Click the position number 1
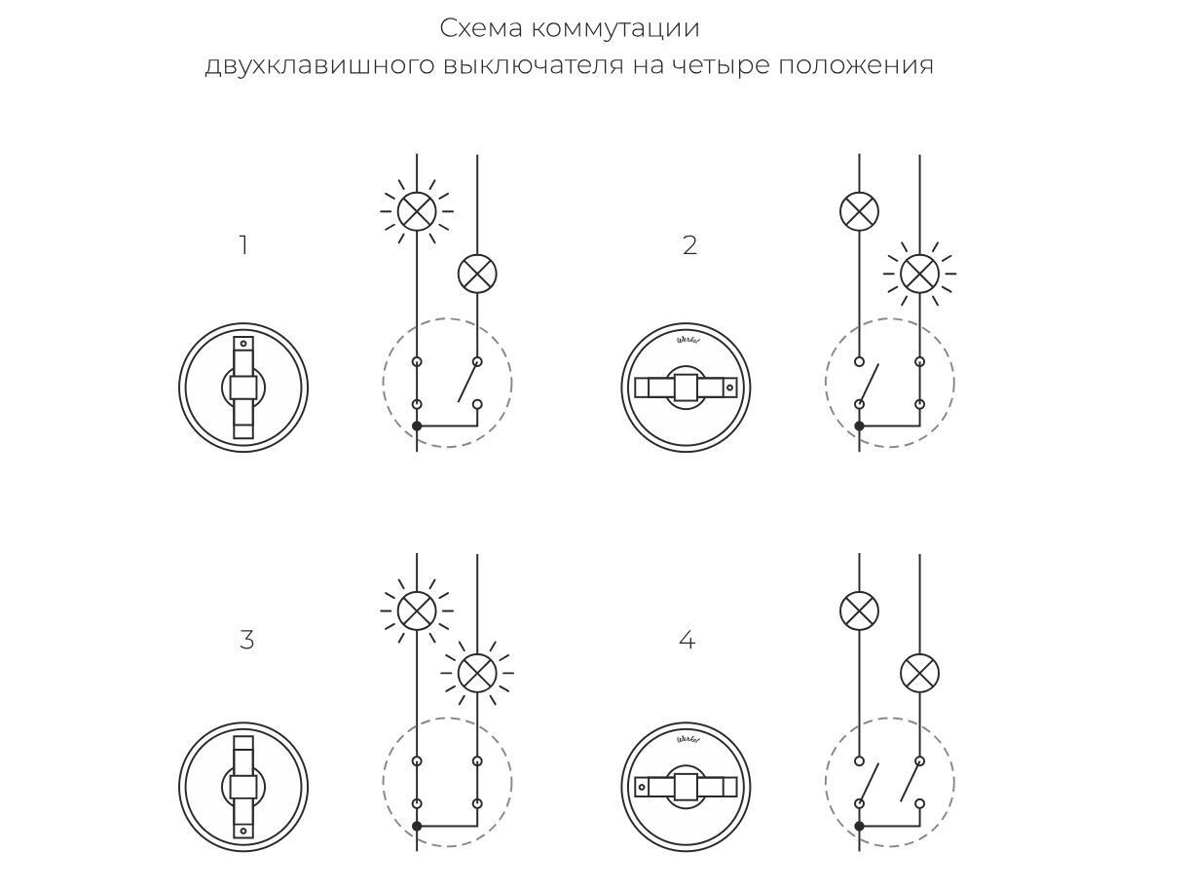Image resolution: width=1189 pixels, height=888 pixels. pyautogui.click(x=243, y=246)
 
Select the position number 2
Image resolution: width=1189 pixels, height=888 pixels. pyautogui.click(x=689, y=246)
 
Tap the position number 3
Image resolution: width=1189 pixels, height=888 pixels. pyautogui.click(x=246, y=641)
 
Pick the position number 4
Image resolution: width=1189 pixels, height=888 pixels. pyautogui.click(x=687, y=641)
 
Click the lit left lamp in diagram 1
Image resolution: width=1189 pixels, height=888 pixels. pyautogui.click(x=417, y=210)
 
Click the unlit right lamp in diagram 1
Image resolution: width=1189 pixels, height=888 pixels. pyautogui.click(x=477, y=274)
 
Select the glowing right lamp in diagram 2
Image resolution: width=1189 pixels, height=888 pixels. pyautogui.click(x=919, y=274)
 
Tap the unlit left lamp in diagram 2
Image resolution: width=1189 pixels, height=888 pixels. pyautogui.click(x=859, y=210)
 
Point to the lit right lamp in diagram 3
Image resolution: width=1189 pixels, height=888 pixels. pyautogui.click(x=477, y=672)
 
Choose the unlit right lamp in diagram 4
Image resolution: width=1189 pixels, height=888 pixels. pyautogui.click(x=919, y=673)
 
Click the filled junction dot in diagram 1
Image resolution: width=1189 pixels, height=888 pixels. pyautogui.click(x=417, y=426)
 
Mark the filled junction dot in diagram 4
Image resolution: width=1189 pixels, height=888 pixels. pyautogui.click(x=859, y=826)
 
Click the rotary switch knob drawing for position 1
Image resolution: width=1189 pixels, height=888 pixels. pyautogui.click(x=243, y=388)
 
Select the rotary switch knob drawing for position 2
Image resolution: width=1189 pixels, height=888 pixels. pyautogui.click(x=686, y=388)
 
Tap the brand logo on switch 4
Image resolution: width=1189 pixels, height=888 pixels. pyautogui.click(x=687, y=739)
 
